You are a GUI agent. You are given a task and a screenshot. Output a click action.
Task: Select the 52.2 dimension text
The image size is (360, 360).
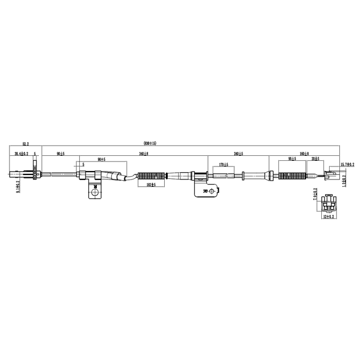point(25,144)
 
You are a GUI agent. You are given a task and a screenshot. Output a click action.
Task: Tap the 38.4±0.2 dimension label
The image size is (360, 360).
point(21,153)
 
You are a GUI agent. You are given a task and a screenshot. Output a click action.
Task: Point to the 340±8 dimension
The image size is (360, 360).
point(143,153)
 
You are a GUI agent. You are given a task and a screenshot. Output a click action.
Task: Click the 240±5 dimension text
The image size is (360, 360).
point(238,153)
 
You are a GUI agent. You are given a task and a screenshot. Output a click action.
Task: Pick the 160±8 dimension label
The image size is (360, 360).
point(304,153)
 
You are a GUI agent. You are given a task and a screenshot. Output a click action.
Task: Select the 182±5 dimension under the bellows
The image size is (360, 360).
point(151,184)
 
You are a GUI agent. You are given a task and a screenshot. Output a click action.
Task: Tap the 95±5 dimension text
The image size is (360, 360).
point(292,159)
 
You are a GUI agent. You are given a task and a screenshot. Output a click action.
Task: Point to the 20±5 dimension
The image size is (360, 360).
point(316,159)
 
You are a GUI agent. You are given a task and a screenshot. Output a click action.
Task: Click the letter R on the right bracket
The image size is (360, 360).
point(204,192)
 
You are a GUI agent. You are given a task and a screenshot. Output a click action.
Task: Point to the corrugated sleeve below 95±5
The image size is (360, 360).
point(292,177)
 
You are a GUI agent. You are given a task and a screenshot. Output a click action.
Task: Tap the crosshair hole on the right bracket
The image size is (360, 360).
point(212,192)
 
